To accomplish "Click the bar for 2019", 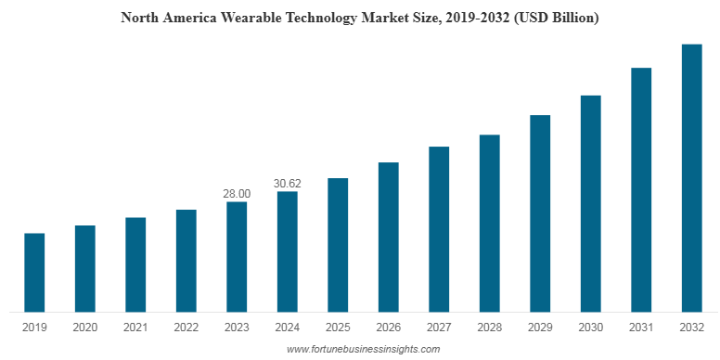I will (x=34, y=272).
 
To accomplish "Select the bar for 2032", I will (x=691, y=177).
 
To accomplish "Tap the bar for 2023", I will (x=237, y=256).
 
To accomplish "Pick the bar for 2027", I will (x=439, y=229).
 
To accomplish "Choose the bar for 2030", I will (x=590, y=203).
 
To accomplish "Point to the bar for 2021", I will (x=135, y=264).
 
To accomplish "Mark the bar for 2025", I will (x=338, y=245).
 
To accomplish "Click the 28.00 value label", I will (x=237, y=194).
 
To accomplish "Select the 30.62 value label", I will (x=288, y=184).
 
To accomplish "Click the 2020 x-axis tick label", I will (x=85, y=328).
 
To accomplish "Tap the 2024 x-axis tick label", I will (x=288, y=328).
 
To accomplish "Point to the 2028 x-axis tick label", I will (x=489, y=328).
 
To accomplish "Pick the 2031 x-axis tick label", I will (x=641, y=328).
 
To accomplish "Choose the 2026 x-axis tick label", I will (x=388, y=328).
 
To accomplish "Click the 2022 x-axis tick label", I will (x=186, y=328).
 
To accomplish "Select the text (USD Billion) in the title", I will (x=554, y=18).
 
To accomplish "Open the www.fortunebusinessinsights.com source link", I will (x=363, y=349).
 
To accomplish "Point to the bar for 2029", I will (x=540, y=213).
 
